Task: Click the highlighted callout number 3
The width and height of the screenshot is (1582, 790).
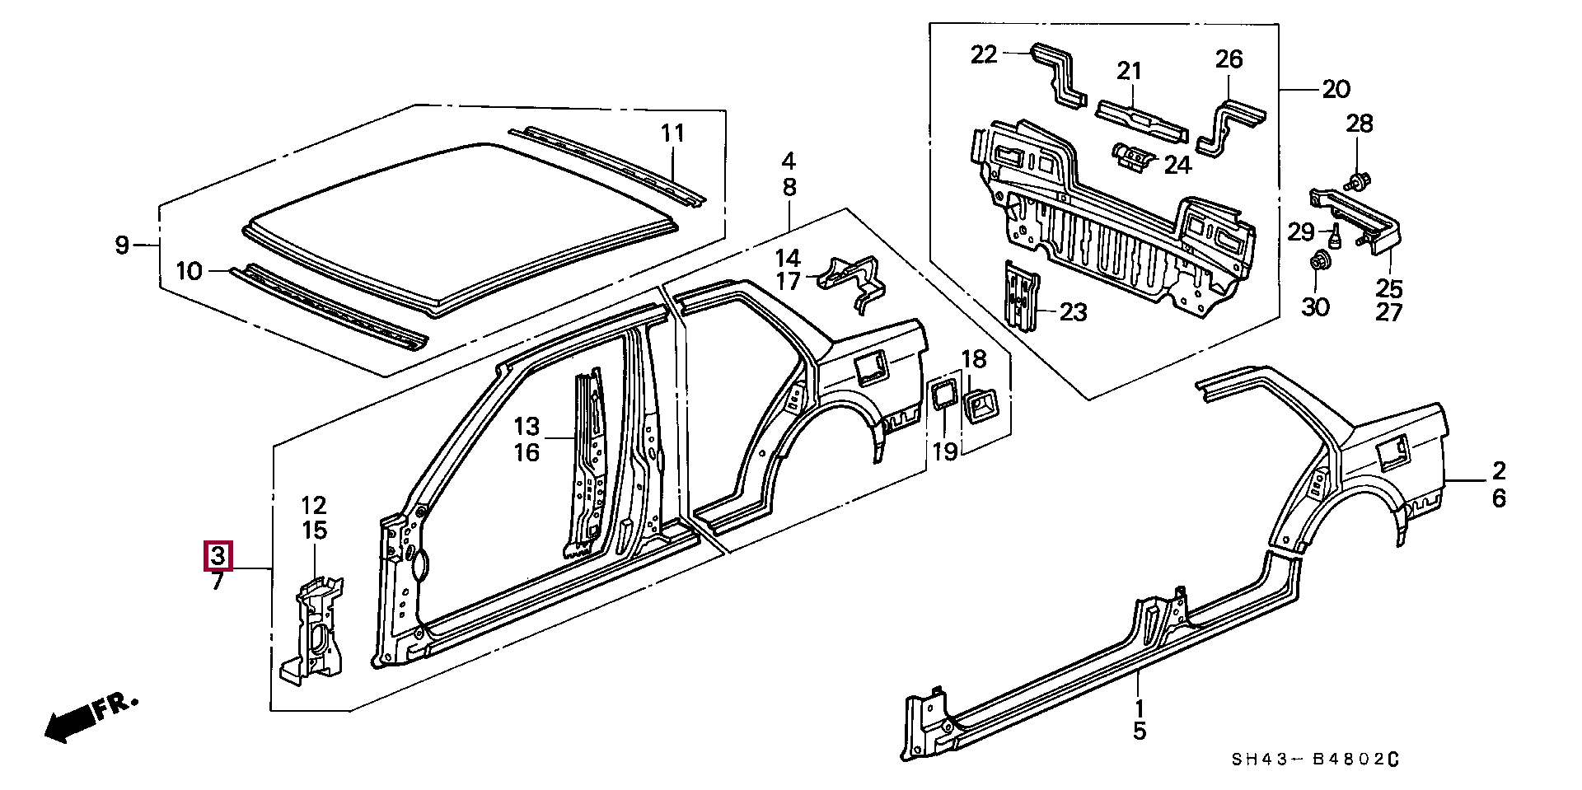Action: [218, 556]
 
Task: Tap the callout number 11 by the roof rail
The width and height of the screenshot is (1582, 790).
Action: [673, 133]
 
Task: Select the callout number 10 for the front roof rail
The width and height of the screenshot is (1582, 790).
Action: [189, 270]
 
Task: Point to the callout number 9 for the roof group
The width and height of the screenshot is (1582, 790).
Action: [122, 245]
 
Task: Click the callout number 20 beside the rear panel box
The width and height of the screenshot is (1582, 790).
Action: [1336, 89]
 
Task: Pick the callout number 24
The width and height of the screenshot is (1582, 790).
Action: [1177, 165]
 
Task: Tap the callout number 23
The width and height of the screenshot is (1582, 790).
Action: [1073, 311]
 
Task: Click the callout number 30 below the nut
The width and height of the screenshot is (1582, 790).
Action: [1315, 307]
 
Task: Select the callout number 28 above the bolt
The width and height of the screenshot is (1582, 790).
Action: [1360, 124]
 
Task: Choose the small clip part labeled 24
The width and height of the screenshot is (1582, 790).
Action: [1131, 156]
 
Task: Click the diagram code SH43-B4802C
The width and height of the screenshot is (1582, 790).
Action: [1316, 760]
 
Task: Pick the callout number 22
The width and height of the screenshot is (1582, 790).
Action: [984, 54]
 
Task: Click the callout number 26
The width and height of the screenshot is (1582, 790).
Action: [1229, 58]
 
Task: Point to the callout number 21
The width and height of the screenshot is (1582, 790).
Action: [1130, 71]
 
